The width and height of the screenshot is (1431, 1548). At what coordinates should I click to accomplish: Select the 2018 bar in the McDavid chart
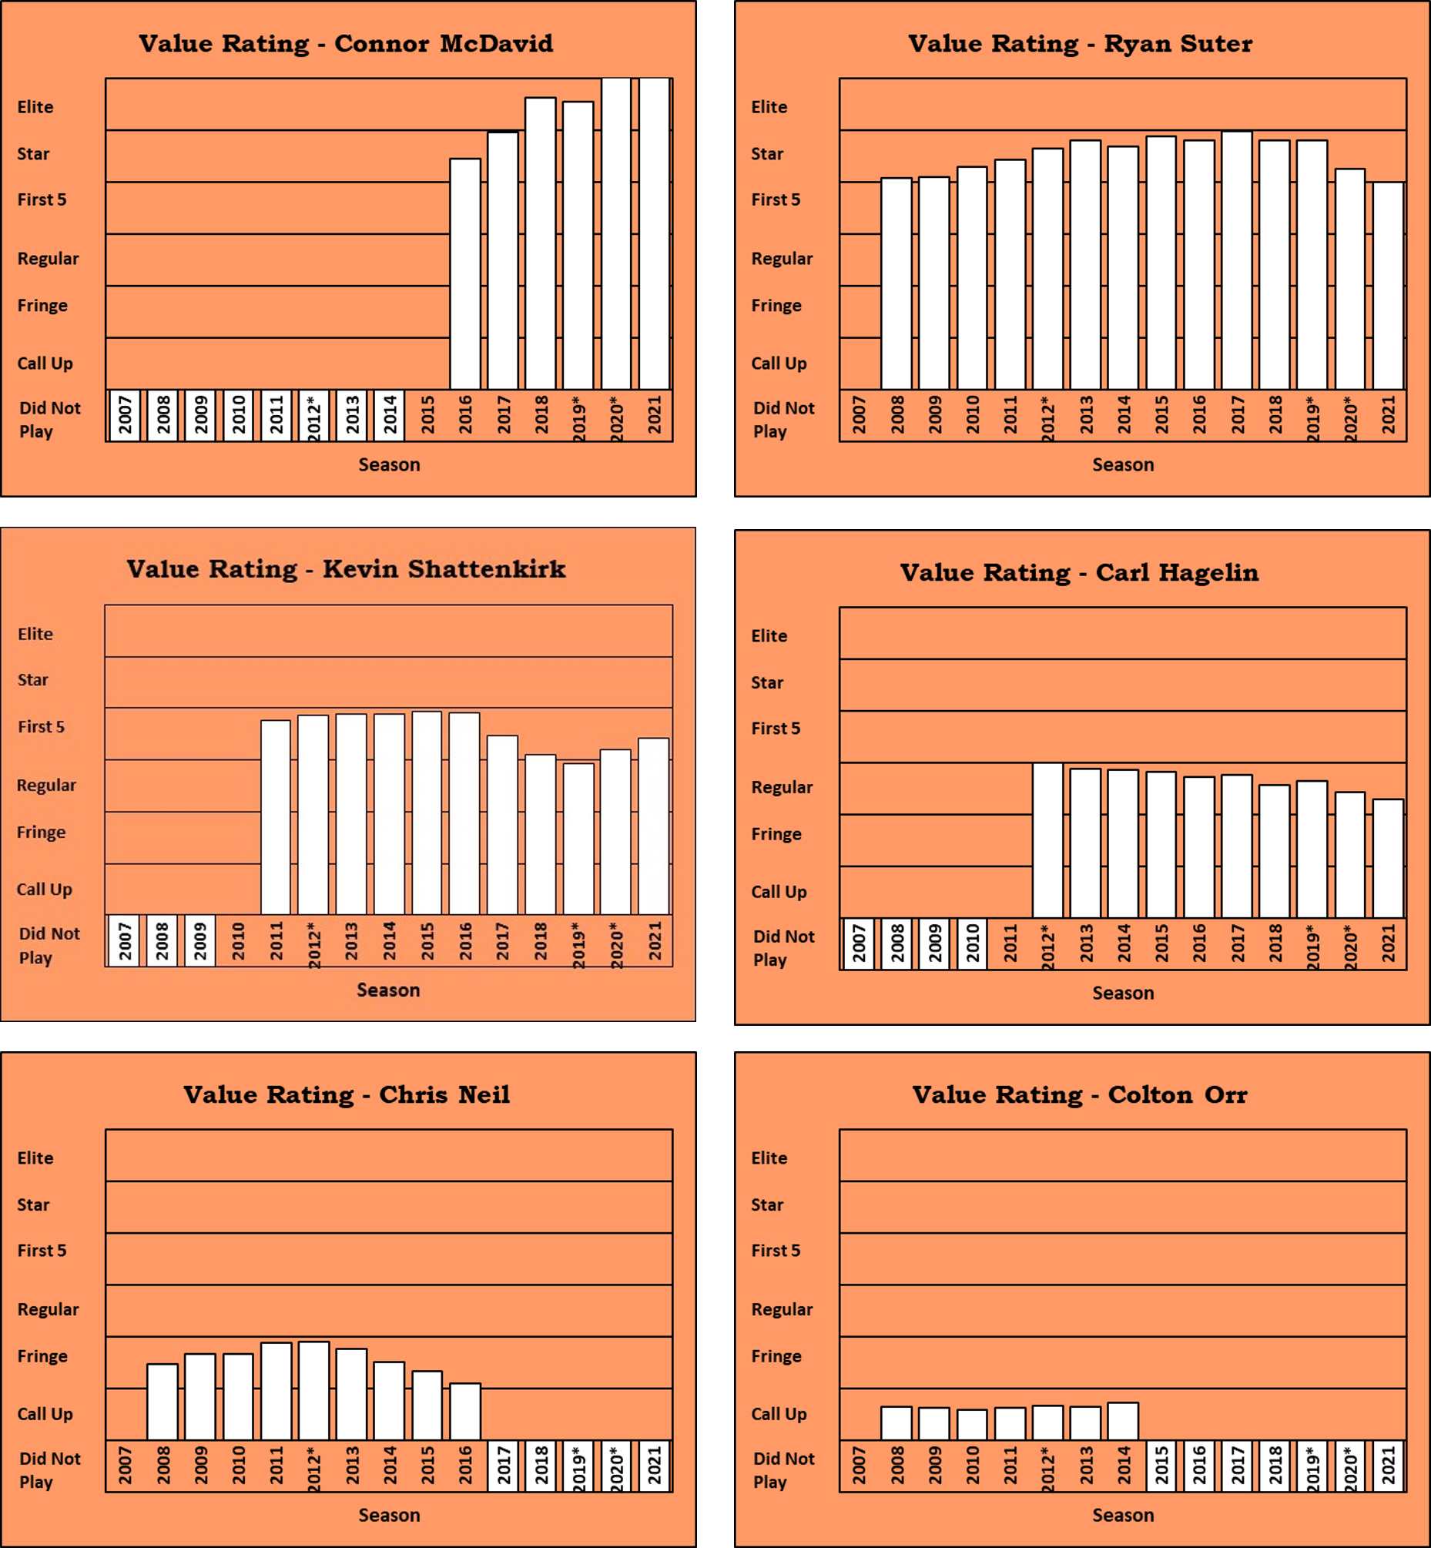click(541, 243)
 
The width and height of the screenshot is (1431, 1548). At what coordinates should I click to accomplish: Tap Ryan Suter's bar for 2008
click(896, 283)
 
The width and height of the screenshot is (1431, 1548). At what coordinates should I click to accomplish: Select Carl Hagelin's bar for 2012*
click(1047, 840)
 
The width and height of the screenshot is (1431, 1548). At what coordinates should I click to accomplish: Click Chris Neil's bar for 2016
click(465, 1411)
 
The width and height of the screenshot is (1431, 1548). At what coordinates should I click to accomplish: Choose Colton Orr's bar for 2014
click(1123, 1421)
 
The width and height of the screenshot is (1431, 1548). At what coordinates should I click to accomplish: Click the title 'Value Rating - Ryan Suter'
click(1081, 43)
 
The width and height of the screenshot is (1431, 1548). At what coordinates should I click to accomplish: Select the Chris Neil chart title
click(346, 1094)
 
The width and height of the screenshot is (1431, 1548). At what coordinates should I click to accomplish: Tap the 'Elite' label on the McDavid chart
click(35, 107)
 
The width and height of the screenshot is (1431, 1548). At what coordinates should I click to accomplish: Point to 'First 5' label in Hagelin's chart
click(776, 728)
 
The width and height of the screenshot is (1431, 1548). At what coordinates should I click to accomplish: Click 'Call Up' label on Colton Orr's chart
click(779, 1413)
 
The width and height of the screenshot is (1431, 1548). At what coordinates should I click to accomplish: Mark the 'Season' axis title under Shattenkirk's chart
click(388, 990)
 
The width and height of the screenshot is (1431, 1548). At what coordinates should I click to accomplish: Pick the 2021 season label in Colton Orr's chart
click(1389, 1465)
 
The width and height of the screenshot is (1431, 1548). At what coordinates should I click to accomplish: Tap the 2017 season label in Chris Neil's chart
click(504, 1465)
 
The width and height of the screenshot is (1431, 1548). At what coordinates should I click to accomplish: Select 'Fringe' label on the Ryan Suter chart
click(776, 305)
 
